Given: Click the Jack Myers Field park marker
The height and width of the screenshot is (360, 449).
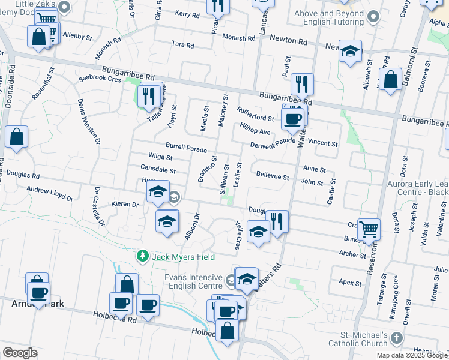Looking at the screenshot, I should (x=142, y=256).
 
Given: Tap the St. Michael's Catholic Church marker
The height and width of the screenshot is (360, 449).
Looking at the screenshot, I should (x=396, y=338).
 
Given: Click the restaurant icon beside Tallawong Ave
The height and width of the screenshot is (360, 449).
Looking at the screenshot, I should (x=149, y=95).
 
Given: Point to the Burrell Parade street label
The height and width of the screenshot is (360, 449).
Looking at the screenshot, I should (x=186, y=148).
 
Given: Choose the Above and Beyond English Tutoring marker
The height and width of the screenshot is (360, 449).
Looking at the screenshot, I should (x=375, y=17).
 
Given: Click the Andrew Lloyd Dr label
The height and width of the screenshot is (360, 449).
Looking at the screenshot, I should (x=50, y=193).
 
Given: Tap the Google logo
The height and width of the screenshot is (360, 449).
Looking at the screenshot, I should (x=20, y=352).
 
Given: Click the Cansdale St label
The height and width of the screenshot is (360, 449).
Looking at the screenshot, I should (x=158, y=170).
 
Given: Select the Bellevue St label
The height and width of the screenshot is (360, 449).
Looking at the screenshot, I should (x=273, y=178).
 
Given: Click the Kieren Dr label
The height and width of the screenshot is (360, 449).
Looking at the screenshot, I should (x=126, y=204).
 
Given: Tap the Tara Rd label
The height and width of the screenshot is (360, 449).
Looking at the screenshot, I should (x=182, y=45).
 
